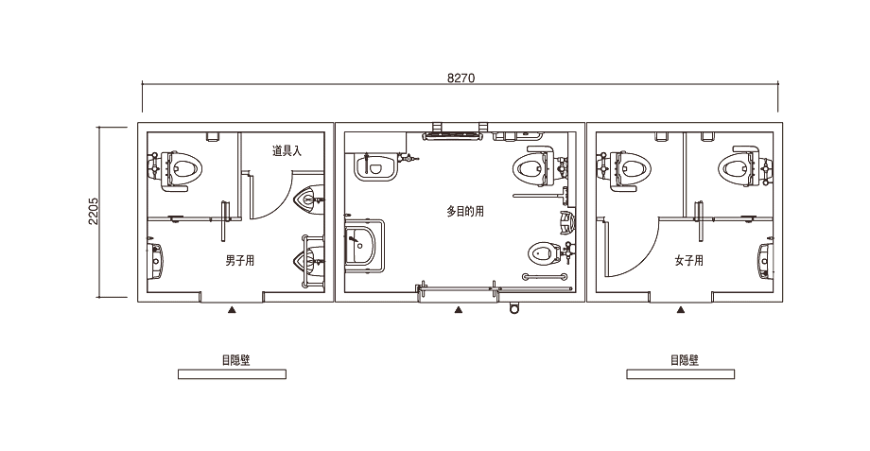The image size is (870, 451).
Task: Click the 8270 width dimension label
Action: [x=461, y=78]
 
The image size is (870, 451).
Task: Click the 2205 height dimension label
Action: [x=94, y=211]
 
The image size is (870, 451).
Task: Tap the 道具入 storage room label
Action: [x=287, y=151]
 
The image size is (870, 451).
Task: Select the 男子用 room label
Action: [x=239, y=260]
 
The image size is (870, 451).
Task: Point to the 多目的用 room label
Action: [x=465, y=211]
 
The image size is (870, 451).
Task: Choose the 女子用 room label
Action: [x=688, y=260]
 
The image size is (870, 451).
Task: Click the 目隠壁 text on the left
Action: [x=235, y=360]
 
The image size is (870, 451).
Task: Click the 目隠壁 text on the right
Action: [x=684, y=360]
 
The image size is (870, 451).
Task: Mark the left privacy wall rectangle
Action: [x=232, y=374]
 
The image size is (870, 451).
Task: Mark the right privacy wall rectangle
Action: [x=680, y=374]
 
